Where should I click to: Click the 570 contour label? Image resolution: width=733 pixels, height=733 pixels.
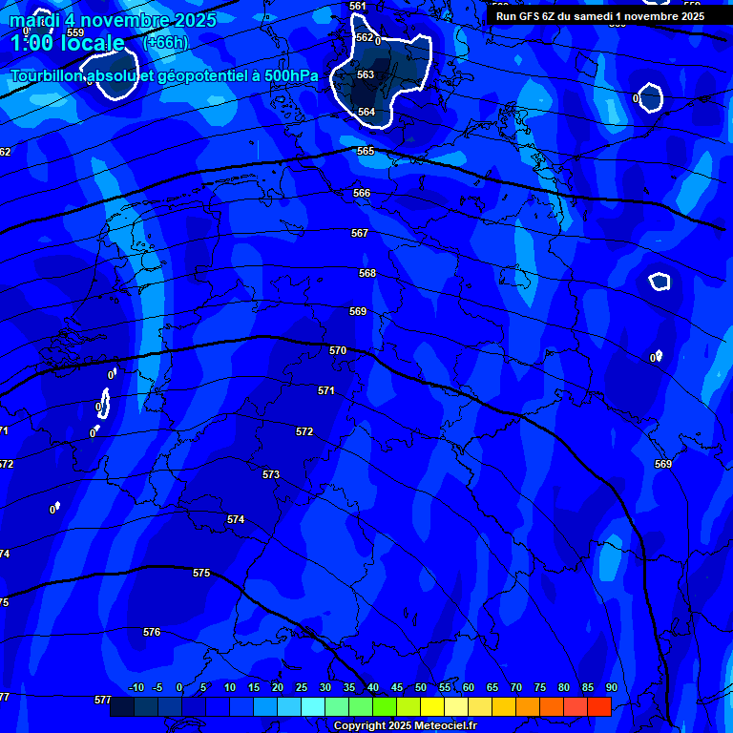pos(338,351)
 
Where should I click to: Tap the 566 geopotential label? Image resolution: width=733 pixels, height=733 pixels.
pos(362,194)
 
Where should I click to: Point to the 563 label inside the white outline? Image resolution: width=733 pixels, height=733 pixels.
pos(366,75)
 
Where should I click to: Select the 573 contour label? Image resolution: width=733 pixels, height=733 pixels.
pos(271,474)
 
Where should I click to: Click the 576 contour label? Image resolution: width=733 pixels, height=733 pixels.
pos(152,633)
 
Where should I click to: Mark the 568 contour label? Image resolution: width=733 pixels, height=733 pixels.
pos(367,274)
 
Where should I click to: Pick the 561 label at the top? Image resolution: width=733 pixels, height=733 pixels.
pos(358,7)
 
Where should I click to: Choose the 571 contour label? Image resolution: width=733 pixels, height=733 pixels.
pos(326,391)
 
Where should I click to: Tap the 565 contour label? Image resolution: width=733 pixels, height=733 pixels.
pos(366,152)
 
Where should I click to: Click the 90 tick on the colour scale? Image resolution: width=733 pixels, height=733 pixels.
pos(611,688)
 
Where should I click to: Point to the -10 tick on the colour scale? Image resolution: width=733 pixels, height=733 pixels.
pos(136,688)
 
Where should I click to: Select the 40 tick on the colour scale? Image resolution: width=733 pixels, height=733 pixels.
pos(372,688)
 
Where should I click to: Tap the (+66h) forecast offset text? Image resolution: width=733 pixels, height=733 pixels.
pos(165,43)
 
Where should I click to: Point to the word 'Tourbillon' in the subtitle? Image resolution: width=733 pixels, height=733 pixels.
pos(51,76)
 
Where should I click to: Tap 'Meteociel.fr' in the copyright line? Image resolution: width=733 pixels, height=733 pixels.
pos(445,726)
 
